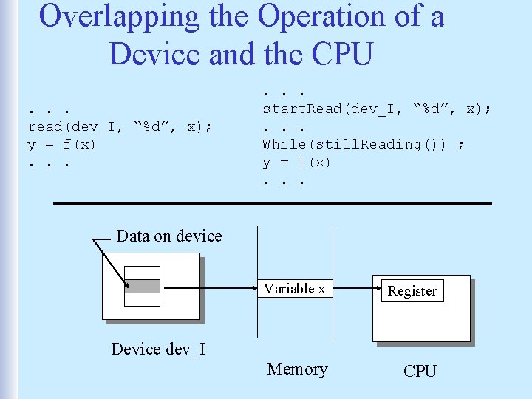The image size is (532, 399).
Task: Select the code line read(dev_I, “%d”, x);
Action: point(120,127)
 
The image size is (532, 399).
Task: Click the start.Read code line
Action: point(377,109)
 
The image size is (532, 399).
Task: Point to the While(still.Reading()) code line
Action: point(364,144)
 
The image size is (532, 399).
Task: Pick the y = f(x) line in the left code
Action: point(62,144)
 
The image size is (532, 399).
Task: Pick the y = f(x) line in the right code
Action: point(297,162)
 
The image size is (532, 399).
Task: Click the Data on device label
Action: point(169,236)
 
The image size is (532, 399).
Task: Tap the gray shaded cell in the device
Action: point(143,286)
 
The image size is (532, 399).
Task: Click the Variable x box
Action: point(295,289)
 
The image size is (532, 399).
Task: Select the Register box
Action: point(412,291)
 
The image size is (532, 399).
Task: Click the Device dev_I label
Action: point(157,349)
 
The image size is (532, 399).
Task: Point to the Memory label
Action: point(297,369)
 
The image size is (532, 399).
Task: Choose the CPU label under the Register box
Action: point(420,371)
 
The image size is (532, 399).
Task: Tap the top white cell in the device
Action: point(143,273)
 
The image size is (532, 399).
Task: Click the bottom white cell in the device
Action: point(143,299)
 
